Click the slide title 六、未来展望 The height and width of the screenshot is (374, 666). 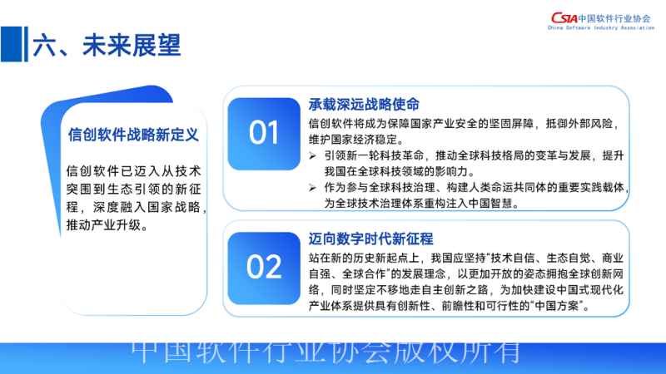[106, 46]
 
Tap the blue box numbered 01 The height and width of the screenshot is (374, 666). [264, 133]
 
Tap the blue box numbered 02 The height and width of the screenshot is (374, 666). [264, 267]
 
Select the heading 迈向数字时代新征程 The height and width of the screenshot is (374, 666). [370, 239]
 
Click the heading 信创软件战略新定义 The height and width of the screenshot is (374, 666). [133, 133]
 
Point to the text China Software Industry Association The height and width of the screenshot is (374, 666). [601, 28]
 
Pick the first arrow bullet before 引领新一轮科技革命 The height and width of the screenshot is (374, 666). [312, 156]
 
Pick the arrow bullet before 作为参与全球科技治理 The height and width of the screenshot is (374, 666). [312, 187]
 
